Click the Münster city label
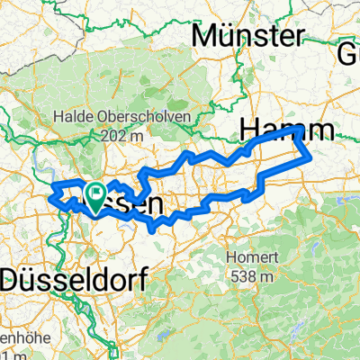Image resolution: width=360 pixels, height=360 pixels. pyautogui.click(x=249, y=37)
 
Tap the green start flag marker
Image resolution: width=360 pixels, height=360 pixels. pyautogui.click(x=94, y=193)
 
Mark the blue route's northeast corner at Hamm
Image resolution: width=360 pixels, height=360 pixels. pyautogui.click(x=298, y=130)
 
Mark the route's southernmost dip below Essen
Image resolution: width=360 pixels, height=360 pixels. pyautogui.click(x=149, y=229)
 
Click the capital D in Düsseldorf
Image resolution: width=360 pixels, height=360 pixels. pyautogui.click(x=13, y=279)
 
